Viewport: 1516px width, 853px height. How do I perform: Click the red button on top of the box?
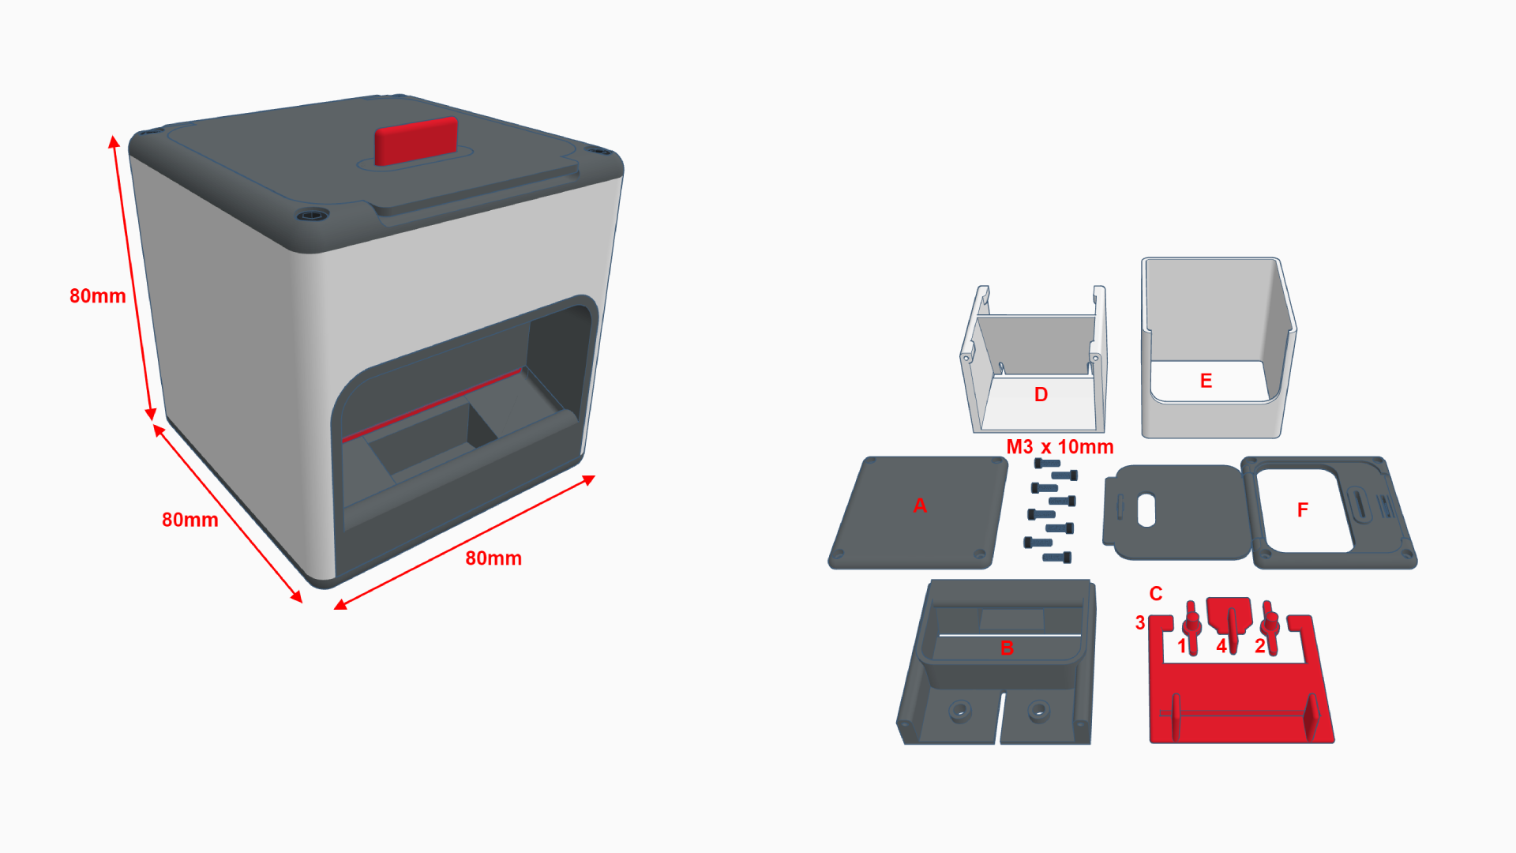click(x=416, y=141)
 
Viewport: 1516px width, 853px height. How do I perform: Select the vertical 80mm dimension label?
click(x=98, y=296)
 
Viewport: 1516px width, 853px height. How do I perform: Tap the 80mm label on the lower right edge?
click(x=493, y=558)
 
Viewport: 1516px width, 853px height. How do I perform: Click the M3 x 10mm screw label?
click(x=1060, y=447)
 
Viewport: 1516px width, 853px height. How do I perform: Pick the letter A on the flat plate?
click(x=920, y=505)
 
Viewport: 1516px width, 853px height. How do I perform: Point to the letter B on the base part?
click(x=1007, y=648)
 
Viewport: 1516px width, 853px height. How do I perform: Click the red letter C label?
click(x=1156, y=594)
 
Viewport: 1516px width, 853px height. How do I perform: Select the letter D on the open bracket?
click(x=1041, y=395)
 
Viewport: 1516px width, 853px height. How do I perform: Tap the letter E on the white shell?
click(x=1206, y=381)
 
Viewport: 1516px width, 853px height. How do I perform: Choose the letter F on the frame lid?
click(x=1303, y=510)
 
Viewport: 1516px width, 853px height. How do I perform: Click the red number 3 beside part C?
click(x=1140, y=623)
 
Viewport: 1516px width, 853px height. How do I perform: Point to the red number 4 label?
click(x=1221, y=646)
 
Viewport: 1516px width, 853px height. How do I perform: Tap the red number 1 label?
click(x=1182, y=646)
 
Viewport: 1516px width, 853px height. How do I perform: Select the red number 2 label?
click(x=1260, y=646)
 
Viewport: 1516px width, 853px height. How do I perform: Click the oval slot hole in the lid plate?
click(x=1146, y=510)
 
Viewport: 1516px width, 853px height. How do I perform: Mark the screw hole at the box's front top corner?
click(x=313, y=215)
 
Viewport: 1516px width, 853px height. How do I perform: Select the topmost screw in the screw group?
click(x=1047, y=463)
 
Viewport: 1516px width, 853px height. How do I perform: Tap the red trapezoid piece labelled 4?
click(x=1229, y=614)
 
